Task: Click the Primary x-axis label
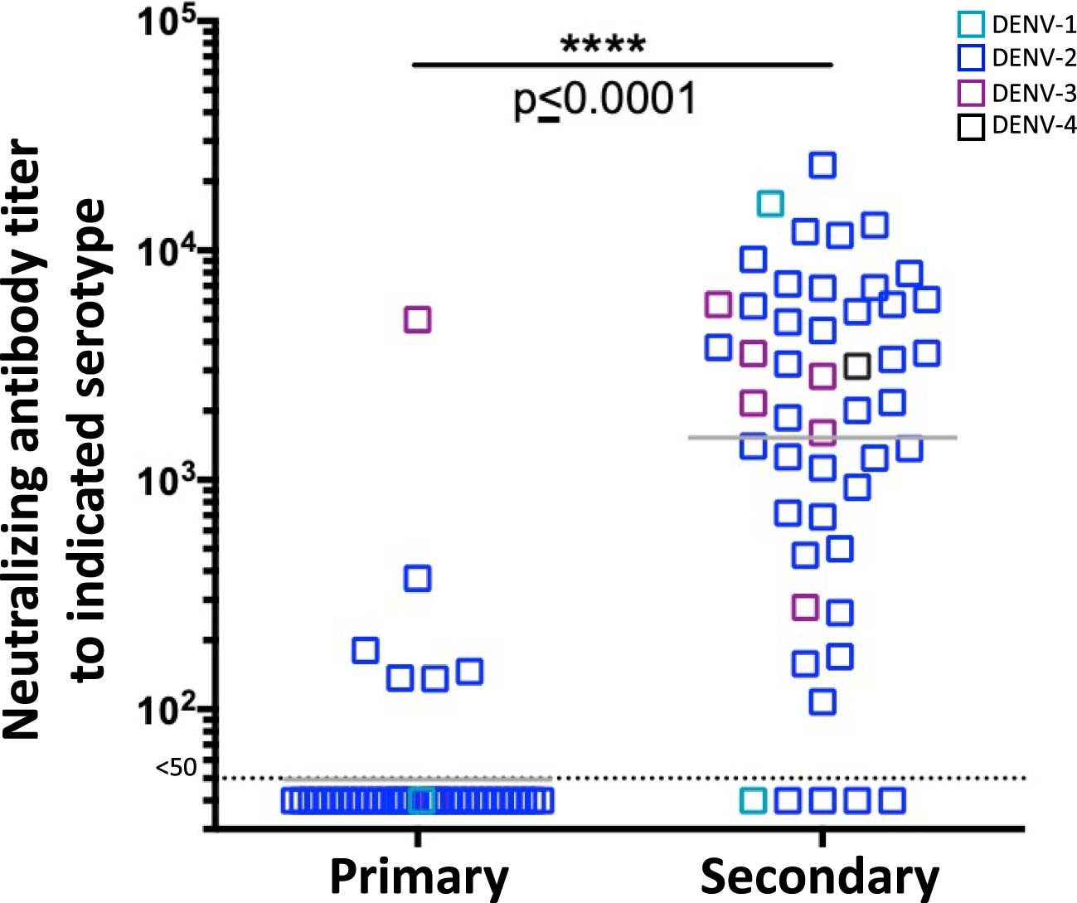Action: [x=419, y=876]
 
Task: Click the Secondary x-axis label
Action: [x=820, y=876]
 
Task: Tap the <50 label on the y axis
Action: [x=177, y=768]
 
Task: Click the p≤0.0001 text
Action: [x=605, y=100]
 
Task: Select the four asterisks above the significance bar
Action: [x=603, y=43]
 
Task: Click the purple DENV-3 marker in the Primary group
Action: [x=417, y=319]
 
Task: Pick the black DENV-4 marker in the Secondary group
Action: [x=856, y=366]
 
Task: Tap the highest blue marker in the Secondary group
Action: [x=822, y=165]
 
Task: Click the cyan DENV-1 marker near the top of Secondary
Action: [x=770, y=203]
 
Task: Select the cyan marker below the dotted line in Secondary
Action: [x=753, y=800]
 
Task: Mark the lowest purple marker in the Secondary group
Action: [x=804, y=607]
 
